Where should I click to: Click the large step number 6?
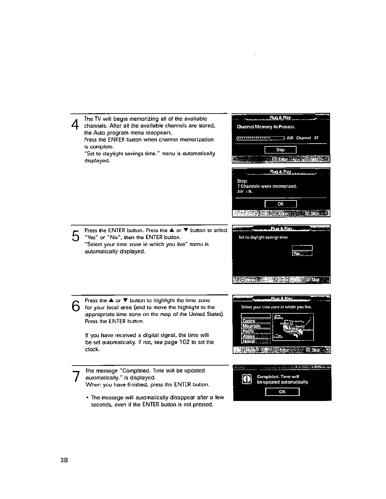click(75, 306)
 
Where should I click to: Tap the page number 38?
click(64, 460)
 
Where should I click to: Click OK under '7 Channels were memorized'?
click(280, 204)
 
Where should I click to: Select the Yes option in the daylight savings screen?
click(302, 254)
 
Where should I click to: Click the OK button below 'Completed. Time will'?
click(282, 392)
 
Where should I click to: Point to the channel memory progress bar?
click(261, 138)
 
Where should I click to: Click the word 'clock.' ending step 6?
click(92, 349)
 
